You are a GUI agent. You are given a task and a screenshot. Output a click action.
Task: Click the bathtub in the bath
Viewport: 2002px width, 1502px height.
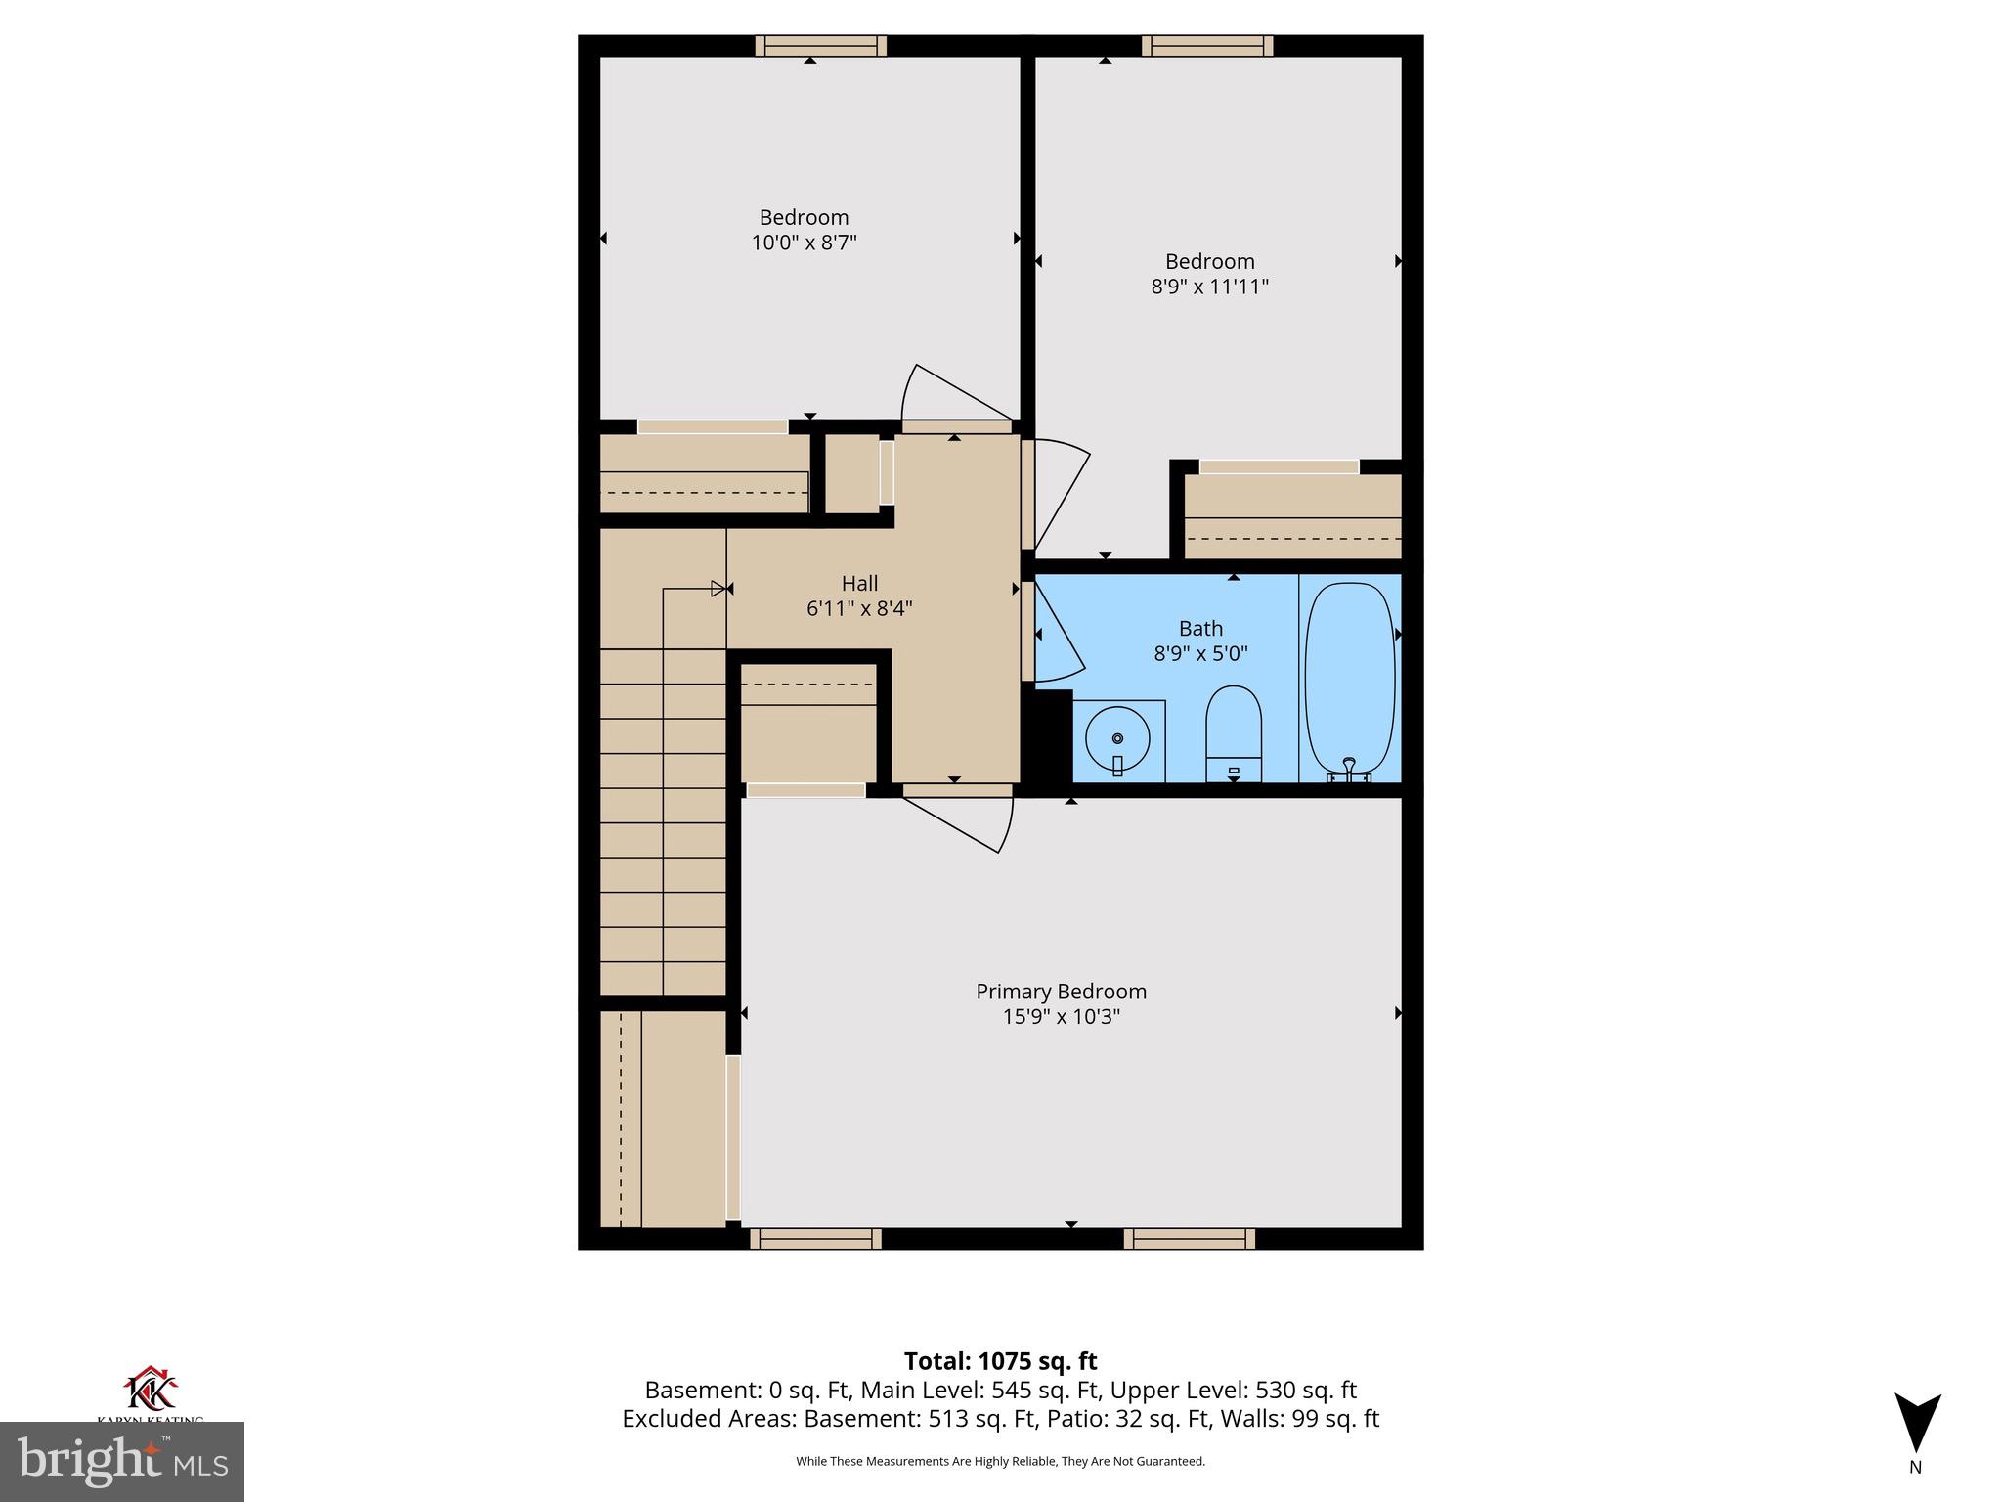pyautogui.click(x=1350, y=679)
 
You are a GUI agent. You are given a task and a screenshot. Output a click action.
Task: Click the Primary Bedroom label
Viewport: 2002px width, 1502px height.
pyautogui.click(x=1061, y=992)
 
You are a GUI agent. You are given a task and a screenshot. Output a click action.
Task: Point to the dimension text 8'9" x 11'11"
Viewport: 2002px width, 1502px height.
pyautogui.click(x=1209, y=287)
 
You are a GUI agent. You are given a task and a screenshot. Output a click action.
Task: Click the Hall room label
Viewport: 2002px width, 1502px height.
pyautogui.click(x=859, y=584)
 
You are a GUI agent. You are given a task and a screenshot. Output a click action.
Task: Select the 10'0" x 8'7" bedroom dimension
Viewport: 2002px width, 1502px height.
pyautogui.click(x=804, y=243)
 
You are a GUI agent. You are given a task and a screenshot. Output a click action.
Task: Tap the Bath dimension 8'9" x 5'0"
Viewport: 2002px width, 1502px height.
pyautogui.click(x=1200, y=653)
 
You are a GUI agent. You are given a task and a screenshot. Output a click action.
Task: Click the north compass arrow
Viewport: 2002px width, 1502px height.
pyautogui.click(x=1917, y=1423)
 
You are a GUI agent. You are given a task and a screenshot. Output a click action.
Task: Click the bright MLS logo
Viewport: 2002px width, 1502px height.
pyautogui.click(x=122, y=1461)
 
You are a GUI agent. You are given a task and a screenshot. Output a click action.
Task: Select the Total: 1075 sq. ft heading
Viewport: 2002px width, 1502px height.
pyautogui.click(x=1000, y=1361)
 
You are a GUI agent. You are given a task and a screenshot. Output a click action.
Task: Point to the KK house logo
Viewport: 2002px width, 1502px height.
pyautogui.click(x=151, y=1390)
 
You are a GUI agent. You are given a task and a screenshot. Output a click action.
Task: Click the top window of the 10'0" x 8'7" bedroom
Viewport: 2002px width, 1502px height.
pyautogui.click(x=820, y=46)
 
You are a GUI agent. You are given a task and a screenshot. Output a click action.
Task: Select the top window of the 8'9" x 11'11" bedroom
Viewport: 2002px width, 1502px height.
pyautogui.click(x=1207, y=46)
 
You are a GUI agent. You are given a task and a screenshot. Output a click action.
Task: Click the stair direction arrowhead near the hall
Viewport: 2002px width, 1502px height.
pyautogui.click(x=718, y=589)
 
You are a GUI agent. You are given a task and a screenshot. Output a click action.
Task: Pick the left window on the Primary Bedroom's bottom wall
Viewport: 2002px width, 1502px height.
pyautogui.click(x=815, y=1239)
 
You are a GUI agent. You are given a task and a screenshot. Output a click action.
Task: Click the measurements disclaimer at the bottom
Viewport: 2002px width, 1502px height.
pyautogui.click(x=1000, y=1461)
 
